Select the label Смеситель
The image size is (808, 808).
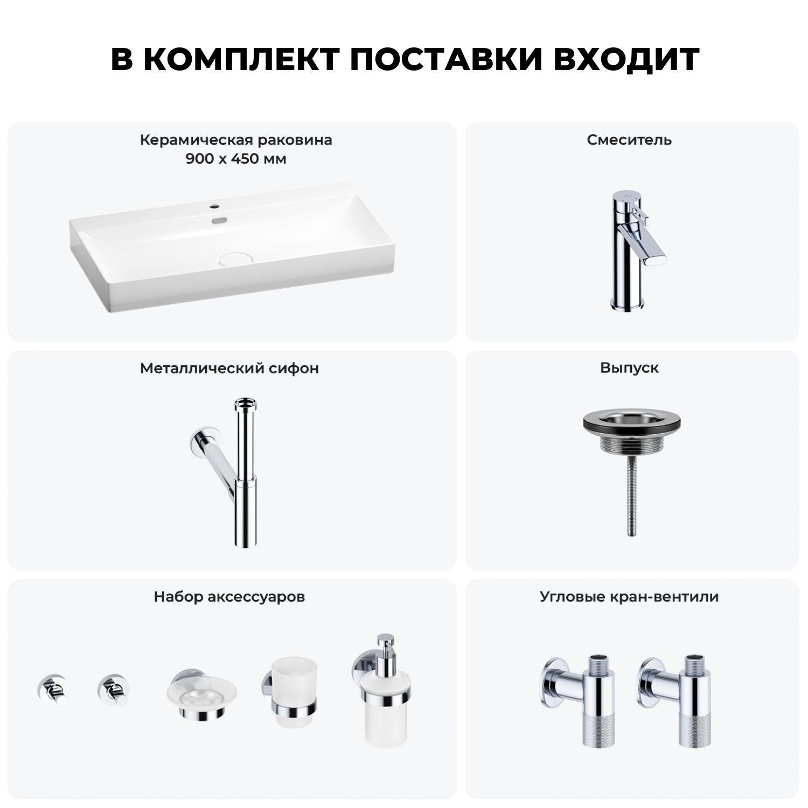point(629,140)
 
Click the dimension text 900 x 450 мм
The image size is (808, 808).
point(236,159)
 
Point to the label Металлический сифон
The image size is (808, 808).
point(229,368)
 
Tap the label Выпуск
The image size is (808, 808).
point(629,368)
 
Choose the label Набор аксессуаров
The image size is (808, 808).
point(229,597)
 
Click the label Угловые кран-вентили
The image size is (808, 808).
point(629,597)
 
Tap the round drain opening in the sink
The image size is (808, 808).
point(232,259)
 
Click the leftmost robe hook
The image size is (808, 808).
point(53,689)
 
